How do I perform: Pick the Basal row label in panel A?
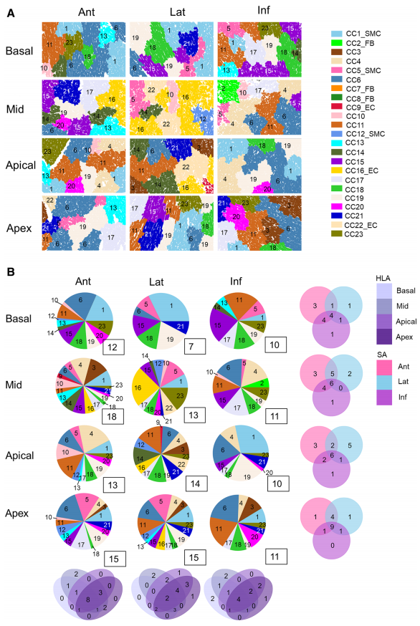[x=20, y=52]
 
